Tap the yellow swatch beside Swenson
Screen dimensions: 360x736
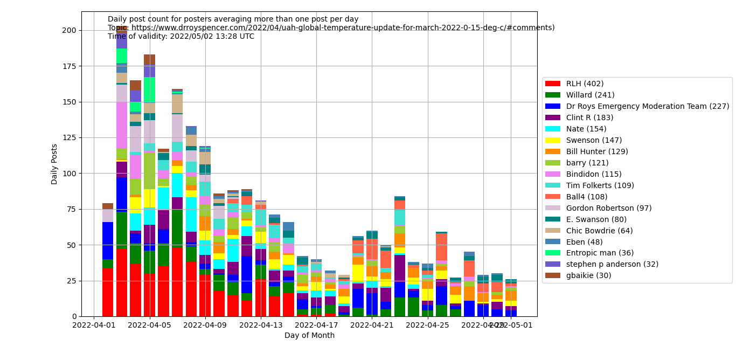(553, 140)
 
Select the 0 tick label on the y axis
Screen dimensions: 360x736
(74, 316)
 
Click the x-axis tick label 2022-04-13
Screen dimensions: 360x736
(261, 325)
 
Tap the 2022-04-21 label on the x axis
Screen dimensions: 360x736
(372, 325)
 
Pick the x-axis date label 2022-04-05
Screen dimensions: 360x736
(150, 325)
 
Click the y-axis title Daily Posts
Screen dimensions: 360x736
(54, 164)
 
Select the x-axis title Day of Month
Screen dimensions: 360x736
(309, 336)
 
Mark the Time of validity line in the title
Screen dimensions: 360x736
(181, 37)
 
